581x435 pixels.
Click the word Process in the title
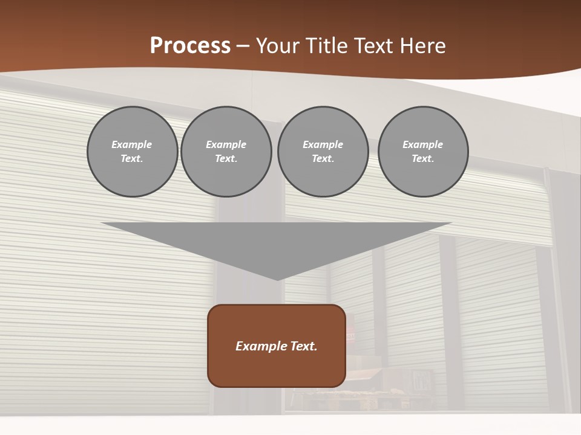click(190, 46)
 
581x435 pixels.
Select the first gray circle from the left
click(132, 152)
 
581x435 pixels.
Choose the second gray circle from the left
click(226, 152)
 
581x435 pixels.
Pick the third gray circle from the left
click(323, 152)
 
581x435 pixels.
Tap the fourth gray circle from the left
click(423, 152)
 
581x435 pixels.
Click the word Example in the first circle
click(132, 144)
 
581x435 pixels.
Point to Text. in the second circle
click(226, 159)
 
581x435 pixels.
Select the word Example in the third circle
click(323, 144)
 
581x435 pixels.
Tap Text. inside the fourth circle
click(423, 159)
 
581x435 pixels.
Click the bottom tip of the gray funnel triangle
click(277, 279)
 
